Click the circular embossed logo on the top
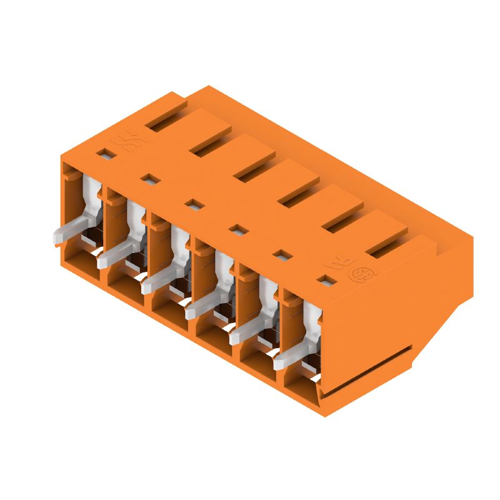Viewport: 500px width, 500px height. tap(360, 274)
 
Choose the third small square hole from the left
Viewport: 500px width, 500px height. tap(194, 204)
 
